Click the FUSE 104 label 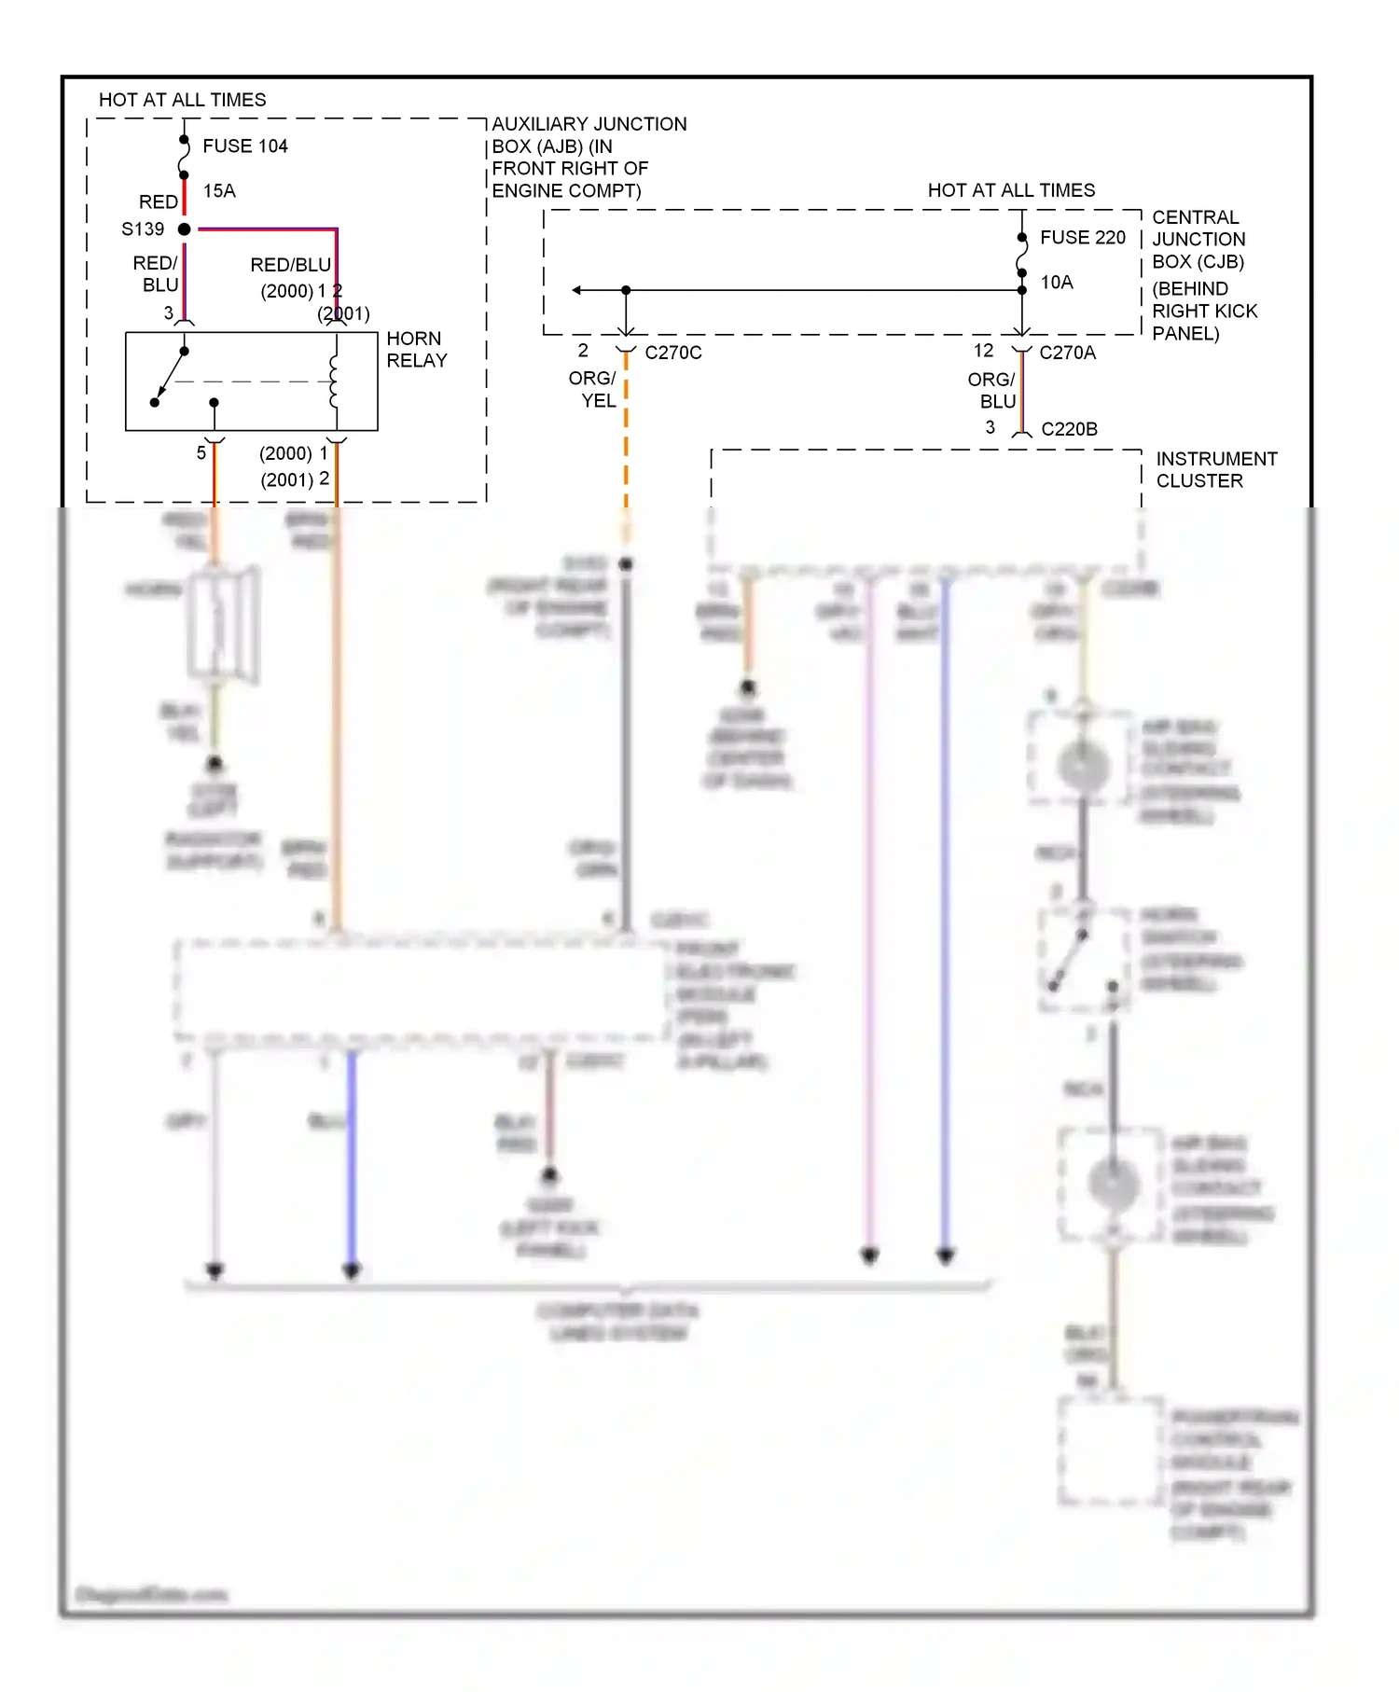pos(244,146)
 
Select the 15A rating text pos(219,191)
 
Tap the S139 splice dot pos(185,229)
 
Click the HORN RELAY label pos(416,350)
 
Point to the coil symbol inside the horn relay pos(334,381)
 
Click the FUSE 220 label pos(1082,238)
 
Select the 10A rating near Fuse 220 pos(1057,283)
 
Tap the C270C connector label pos(672,354)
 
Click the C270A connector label pos(1067,354)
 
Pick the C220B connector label pos(1069,430)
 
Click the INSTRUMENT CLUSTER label pos(1215,470)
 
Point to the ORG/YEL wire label pos(593,390)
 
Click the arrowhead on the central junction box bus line pos(577,290)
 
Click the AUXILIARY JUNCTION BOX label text pos(588,158)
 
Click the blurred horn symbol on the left pos(222,623)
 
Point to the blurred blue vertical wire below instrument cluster pos(945,914)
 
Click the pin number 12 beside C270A pos(983,351)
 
